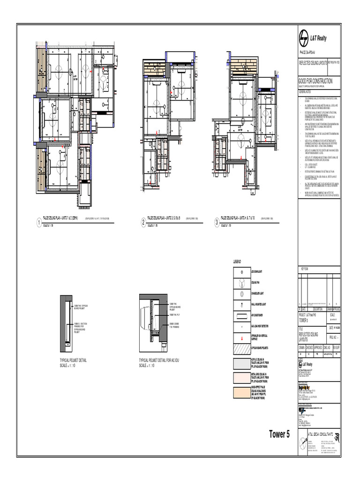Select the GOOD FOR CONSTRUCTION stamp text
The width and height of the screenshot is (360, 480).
316,81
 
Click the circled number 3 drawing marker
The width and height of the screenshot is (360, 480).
217,223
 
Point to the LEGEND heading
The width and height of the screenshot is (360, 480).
237,261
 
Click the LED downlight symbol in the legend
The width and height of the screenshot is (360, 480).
241,271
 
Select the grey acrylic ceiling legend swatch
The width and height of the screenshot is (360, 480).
241,362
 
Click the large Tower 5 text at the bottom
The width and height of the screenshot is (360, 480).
279,434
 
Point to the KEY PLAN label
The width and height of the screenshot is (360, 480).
303,269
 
